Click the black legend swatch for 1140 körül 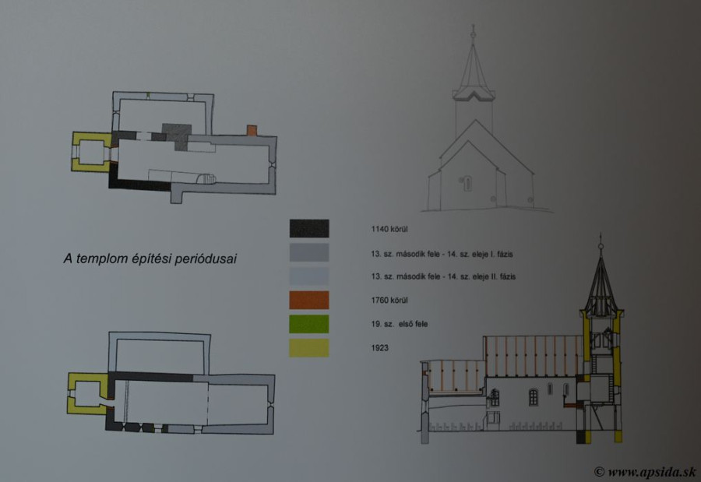tap(309, 228)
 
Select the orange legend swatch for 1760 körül tap(309, 300)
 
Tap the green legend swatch tap(309, 324)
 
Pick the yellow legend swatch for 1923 tap(309, 347)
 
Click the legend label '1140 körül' tap(389, 229)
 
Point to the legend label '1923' tap(379, 347)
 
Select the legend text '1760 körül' tap(389, 300)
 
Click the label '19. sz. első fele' tap(400, 324)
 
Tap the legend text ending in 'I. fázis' tap(442, 254)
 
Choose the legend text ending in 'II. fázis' tap(443, 276)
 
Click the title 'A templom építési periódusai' tap(150, 259)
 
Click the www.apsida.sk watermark tap(645, 472)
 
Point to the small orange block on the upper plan tap(252, 130)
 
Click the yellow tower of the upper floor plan tap(91, 152)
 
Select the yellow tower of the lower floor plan tap(87, 394)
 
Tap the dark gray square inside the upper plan tap(177, 137)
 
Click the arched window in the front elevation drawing tap(467, 183)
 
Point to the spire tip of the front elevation tap(473, 26)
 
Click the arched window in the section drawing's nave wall tap(534, 397)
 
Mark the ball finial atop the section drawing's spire tap(601, 246)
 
